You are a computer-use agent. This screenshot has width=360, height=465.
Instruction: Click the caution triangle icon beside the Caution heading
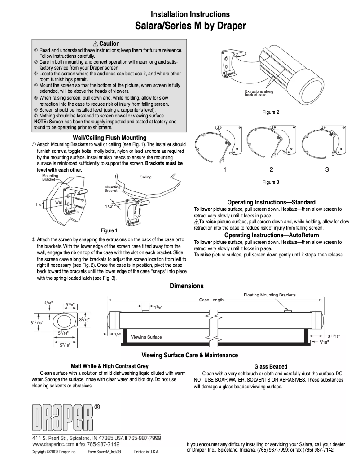point(96,44)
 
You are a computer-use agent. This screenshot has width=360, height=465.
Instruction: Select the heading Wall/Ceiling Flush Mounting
point(110,137)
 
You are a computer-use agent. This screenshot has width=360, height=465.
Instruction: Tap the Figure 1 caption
point(109,230)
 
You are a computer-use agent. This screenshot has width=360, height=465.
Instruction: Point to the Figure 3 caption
point(271,182)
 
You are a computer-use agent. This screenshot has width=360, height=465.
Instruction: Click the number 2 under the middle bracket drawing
point(271,169)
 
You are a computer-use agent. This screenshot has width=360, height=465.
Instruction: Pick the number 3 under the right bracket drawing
point(327,169)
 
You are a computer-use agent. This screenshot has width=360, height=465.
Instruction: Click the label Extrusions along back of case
point(259,93)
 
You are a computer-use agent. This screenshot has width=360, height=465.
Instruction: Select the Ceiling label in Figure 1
point(145,177)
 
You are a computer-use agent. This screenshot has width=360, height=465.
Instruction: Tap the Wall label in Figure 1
point(59,203)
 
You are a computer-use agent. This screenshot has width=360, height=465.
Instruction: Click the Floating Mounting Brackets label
point(269,295)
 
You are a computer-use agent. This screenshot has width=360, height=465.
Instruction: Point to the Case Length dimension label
point(211,300)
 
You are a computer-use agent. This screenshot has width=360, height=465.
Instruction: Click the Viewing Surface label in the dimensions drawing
point(146,337)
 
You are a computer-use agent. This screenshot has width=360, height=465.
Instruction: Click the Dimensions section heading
point(186,286)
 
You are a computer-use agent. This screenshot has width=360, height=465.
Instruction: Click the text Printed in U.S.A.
point(146,452)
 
